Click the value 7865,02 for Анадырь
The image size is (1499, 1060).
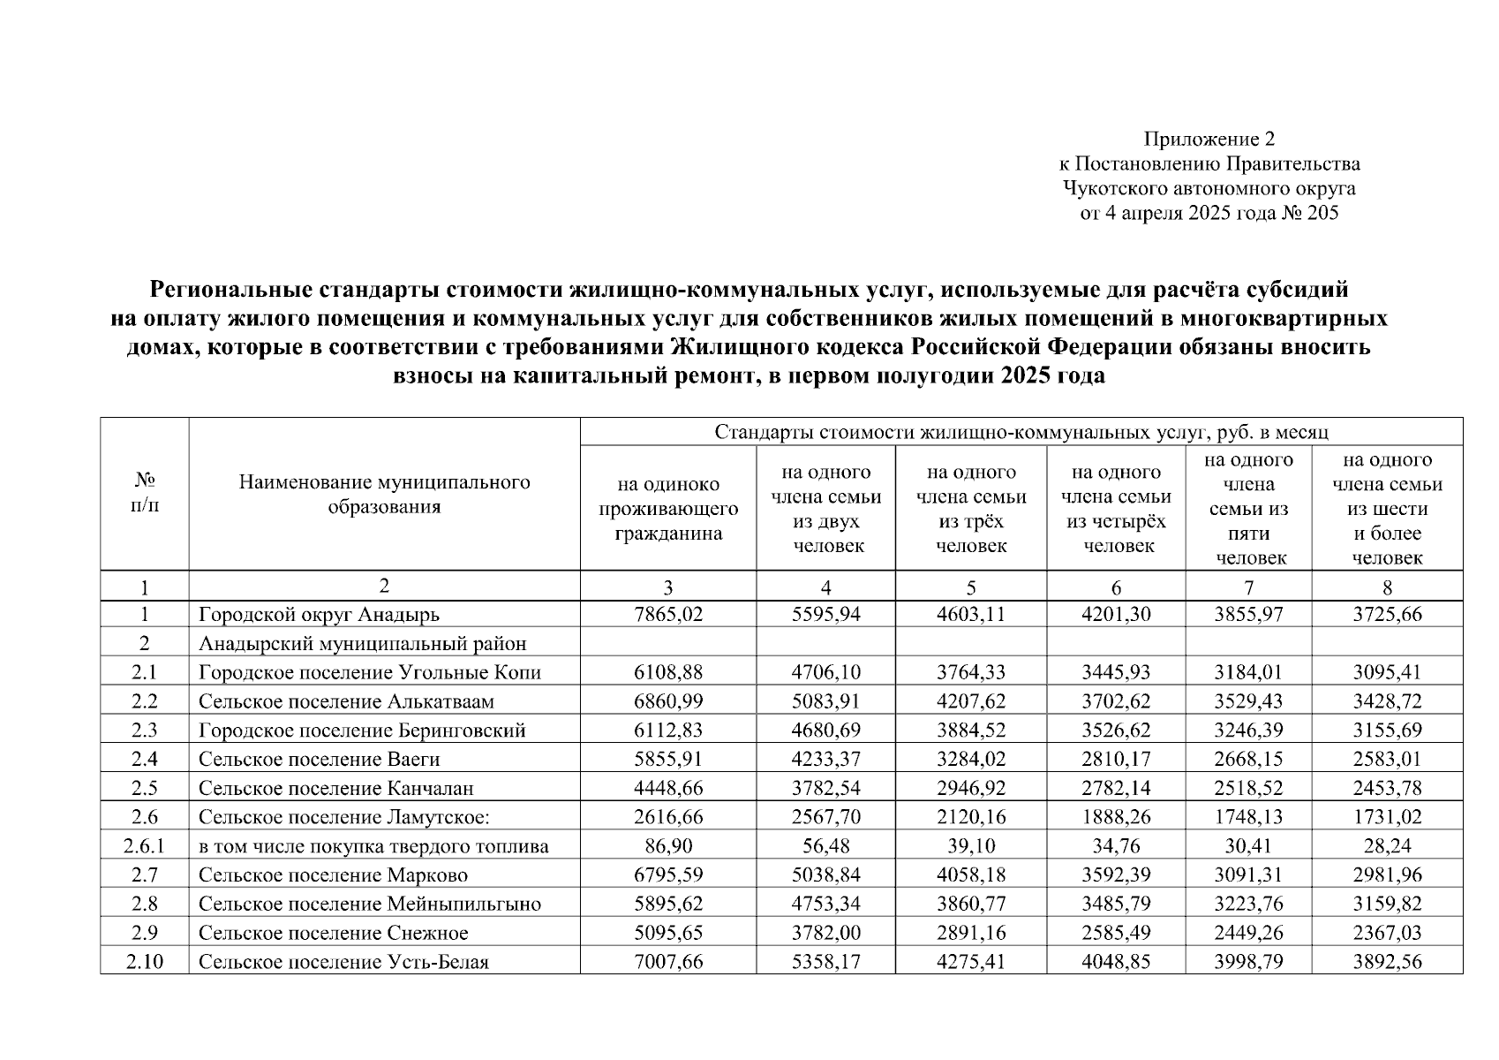tap(668, 615)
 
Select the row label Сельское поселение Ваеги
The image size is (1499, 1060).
tap(319, 760)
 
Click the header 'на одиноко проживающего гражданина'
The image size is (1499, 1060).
tap(668, 509)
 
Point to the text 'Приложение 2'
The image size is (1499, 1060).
tap(1209, 139)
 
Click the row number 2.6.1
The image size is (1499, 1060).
tap(145, 846)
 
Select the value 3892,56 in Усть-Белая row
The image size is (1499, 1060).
tap(1387, 962)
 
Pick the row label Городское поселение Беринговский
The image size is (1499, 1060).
tap(362, 731)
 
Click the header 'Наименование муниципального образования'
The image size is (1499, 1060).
tap(384, 495)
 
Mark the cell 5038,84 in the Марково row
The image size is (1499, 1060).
tap(825, 875)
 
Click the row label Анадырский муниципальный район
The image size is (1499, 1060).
tap(362, 644)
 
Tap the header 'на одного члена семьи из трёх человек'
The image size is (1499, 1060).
tap(971, 509)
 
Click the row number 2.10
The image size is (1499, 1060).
tap(145, 962)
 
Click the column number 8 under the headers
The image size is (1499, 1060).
tap(1387, 587)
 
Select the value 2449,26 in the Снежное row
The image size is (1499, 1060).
tap(1248, 933)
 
